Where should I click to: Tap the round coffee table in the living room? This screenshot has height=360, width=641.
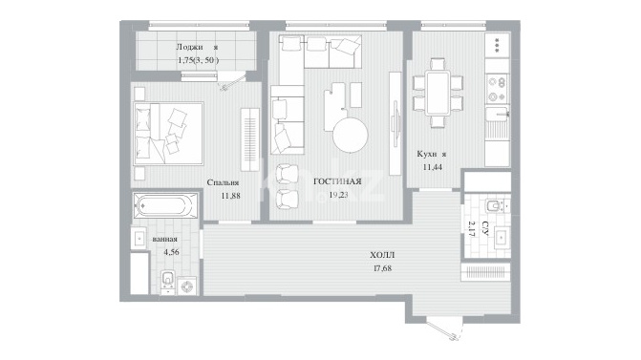[x=350, y=135]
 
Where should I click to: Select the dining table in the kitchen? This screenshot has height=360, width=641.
[x=438, y=94]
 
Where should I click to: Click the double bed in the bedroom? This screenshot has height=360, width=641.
[x=168, y=134]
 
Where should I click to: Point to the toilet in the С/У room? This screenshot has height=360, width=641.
[x=496, y=205]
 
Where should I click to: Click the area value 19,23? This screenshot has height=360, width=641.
[x=338, y=196]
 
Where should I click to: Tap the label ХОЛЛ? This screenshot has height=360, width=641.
[x=382, y=255]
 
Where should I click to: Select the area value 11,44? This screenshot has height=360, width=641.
[x=432, y=167]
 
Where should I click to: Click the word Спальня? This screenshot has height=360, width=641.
[x=223, y=182]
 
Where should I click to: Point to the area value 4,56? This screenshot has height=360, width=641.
[x=171, y=252]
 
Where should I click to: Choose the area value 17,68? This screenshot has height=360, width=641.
[x=382, y=268]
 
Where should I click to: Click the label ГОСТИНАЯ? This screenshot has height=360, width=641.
[x=337, y=181]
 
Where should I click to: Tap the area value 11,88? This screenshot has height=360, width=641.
[x=230, y=196]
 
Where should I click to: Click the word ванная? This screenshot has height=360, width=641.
[x=164, y=239]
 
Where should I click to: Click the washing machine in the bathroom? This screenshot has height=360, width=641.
[x=187, y=286]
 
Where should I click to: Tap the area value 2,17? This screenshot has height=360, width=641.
[x=471, y=229]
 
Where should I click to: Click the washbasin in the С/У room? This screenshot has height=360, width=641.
[x=502, y=237]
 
